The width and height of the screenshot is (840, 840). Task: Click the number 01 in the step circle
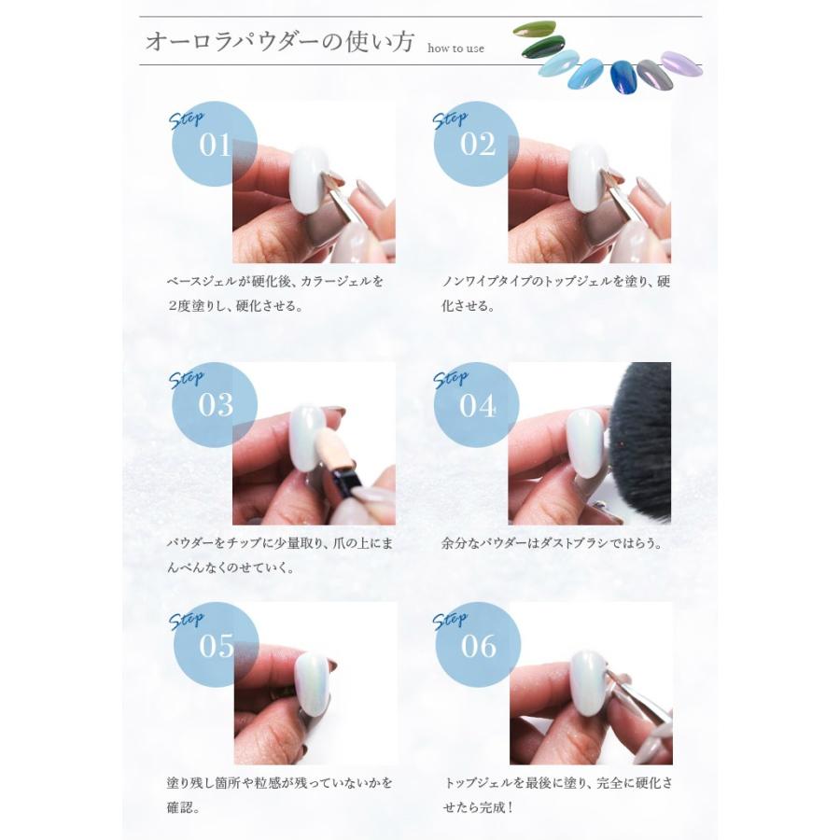(215, 147)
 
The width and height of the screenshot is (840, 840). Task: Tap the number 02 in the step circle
(478, 147)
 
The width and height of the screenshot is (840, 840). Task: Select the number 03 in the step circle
(216, 405)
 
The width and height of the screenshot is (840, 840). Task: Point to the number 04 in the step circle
(478, 406)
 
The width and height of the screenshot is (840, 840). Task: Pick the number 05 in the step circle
(217, 647)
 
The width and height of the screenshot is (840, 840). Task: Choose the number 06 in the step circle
(479, 647)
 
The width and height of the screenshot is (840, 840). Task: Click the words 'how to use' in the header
(455, 49)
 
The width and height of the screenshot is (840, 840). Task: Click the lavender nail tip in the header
(682, 63)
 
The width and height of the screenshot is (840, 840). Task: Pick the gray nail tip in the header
(650, 73)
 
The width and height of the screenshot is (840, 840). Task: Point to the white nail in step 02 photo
(587, 176)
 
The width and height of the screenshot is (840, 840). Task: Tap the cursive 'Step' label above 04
(451, 379)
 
